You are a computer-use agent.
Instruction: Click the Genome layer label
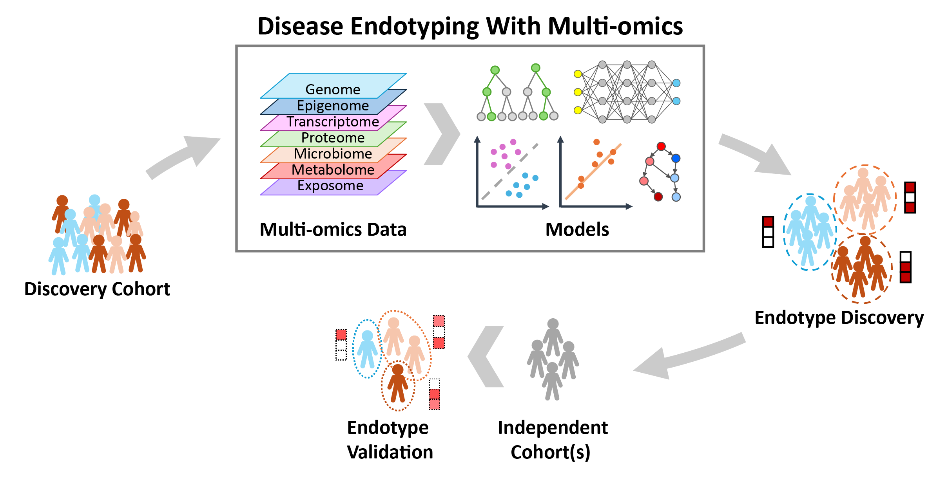click(333, 90)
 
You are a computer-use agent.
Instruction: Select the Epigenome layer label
click(333, 106)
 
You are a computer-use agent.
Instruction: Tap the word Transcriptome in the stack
click(333, 122)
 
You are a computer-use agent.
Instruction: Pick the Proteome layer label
click(333, 138)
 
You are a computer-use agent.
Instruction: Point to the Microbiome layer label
click(333, 154)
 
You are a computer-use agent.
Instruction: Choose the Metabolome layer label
click(333, 170)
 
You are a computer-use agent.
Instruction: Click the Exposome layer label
click(330, 186)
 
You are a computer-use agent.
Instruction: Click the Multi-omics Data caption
click(333, 229)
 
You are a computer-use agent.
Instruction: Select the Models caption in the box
click(577, 229)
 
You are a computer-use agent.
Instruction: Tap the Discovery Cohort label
click(97, 289)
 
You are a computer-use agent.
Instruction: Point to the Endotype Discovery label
click(839, 317)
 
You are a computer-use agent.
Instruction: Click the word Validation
click(390, 452)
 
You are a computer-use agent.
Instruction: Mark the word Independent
click(553, 427)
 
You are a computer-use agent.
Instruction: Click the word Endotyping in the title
click(414, 27)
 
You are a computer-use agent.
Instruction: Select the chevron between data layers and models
click(442, 134)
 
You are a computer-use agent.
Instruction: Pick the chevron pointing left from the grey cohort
click(486, 356)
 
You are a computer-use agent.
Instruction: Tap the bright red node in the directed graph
click(661, 146)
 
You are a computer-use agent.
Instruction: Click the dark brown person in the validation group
click(398, 384)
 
